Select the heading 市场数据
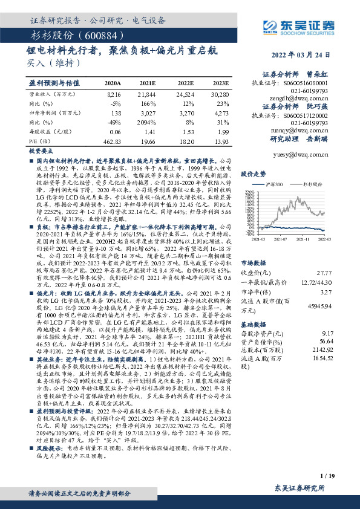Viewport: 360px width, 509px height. tap(254, 263)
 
